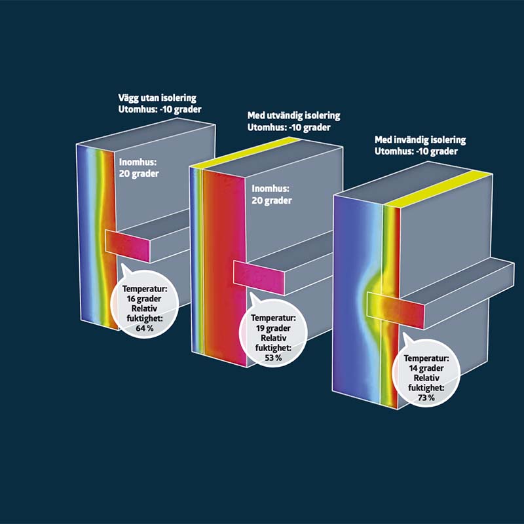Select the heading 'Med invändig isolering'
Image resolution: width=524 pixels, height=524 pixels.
420,140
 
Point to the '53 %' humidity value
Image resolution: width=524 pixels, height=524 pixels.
273,358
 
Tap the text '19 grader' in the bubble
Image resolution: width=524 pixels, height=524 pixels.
273,328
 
